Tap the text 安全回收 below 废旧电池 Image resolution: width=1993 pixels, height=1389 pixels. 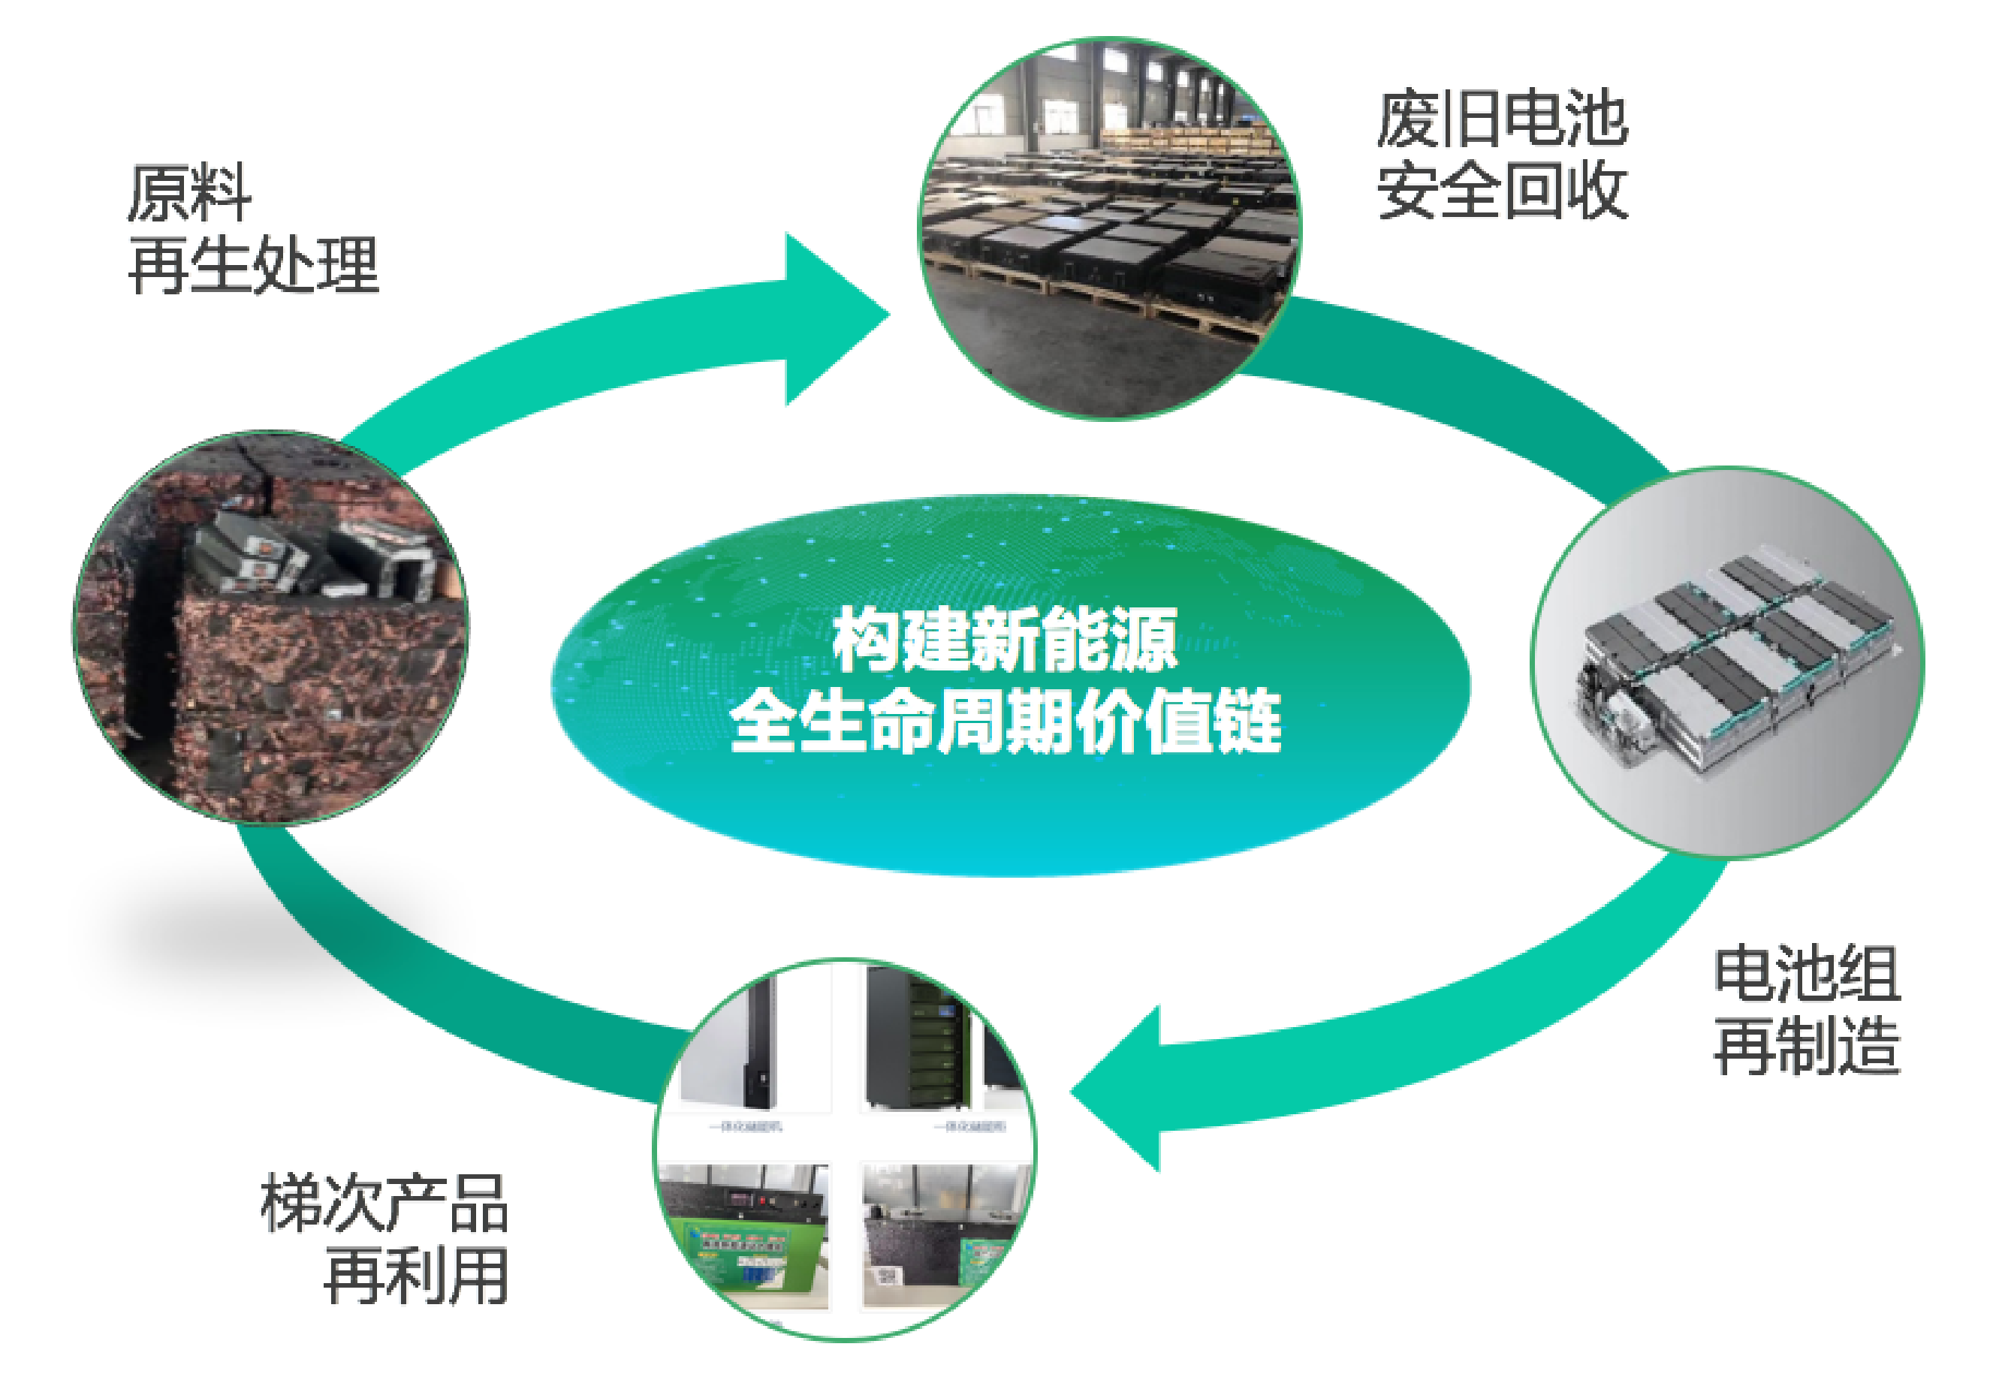point(1502,191)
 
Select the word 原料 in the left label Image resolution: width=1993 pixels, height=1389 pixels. point(189,193)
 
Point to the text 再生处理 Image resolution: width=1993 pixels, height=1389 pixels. point(254,265)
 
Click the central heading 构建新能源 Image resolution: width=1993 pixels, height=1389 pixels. point(1006,640)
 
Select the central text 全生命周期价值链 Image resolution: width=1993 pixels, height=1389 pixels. point(1006,721)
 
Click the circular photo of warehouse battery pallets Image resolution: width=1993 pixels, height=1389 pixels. point(1109,227)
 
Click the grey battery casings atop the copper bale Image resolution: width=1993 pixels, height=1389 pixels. point(312,556)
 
